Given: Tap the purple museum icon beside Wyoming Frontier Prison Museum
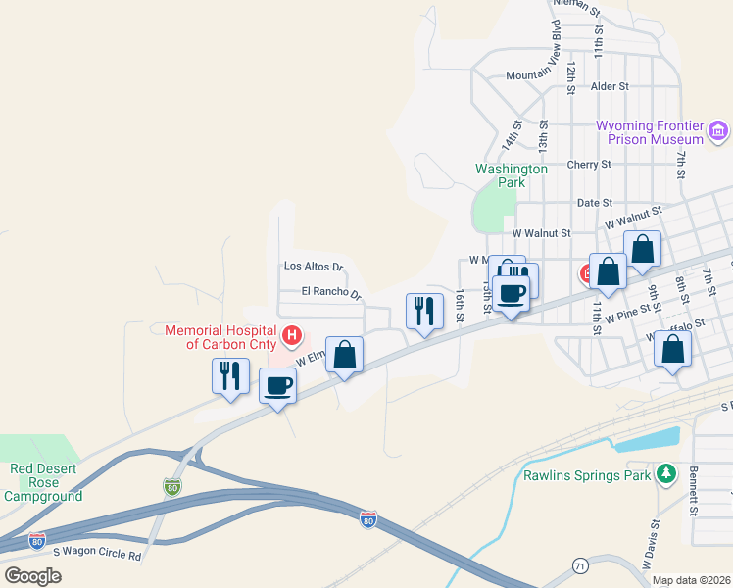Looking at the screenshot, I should (718, 130).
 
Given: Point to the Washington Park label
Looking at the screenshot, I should (512, 175).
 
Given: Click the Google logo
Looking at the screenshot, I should (33, 575).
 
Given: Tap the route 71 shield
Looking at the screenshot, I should (579, 565).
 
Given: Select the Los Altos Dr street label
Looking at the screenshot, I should (314, 266).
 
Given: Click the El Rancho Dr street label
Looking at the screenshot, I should (331, 292).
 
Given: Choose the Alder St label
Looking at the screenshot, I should (610, 86).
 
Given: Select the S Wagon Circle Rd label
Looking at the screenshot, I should (97, 556).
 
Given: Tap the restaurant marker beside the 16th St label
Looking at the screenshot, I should (424, 313).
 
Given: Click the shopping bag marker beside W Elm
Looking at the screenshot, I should (344, 355).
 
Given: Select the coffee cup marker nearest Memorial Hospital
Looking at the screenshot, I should (278, 386).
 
